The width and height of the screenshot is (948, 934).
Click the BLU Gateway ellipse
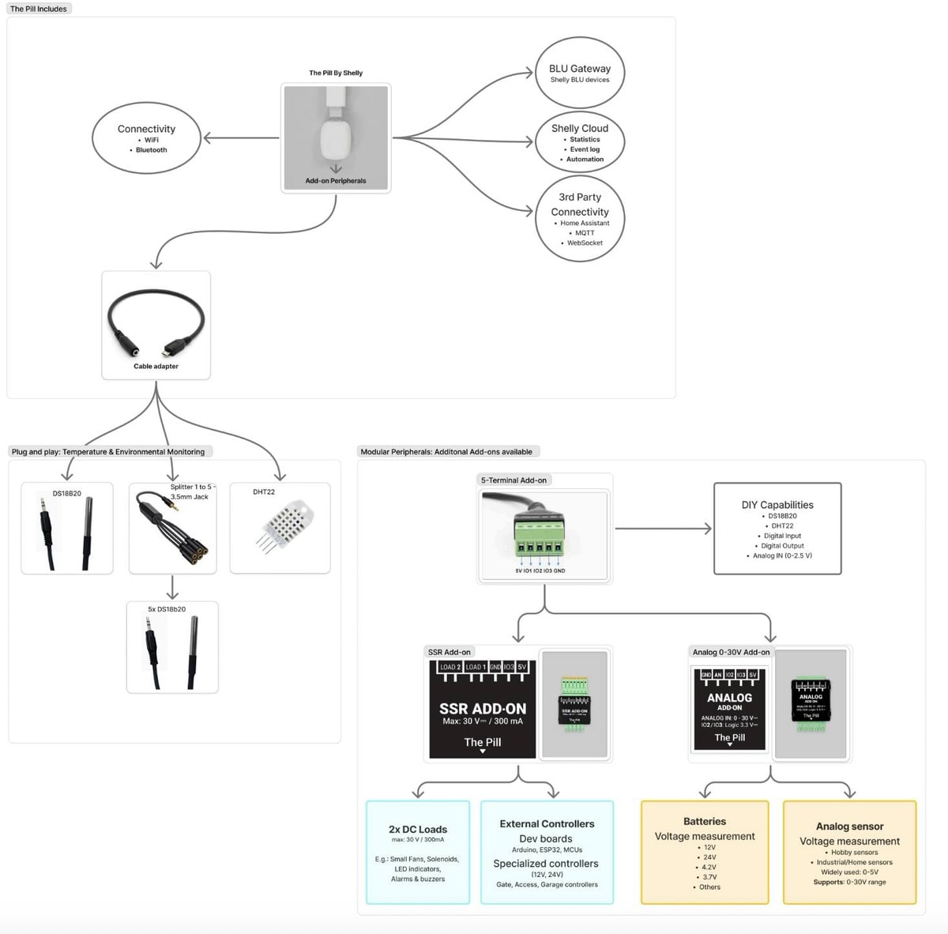tap(579, 72)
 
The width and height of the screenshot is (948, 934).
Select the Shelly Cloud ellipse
tap(579, 142)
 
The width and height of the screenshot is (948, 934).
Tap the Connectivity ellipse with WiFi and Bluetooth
tap(146, 138)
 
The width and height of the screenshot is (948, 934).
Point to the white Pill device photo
tap(336, 134)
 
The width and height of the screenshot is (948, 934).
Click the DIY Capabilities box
tap(777, 529)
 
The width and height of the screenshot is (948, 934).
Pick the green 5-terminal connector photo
tap(544, 533)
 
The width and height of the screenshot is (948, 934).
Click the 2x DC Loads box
tap(418, 853)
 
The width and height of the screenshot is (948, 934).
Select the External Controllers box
tap(547, 853)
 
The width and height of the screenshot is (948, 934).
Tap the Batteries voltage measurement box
tap(704, 853)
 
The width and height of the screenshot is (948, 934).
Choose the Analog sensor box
tap(849, 853)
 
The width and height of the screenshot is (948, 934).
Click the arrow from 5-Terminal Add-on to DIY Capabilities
tap(664, 529)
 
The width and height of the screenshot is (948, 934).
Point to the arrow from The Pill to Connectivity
tap(241, 138)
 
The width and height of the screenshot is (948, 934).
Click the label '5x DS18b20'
tap(167, 609)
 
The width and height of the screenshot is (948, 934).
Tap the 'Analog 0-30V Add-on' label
tap(731, 652)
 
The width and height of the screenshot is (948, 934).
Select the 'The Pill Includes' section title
tap(39, 9)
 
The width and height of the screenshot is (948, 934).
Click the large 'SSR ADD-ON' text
tap(483, 709)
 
